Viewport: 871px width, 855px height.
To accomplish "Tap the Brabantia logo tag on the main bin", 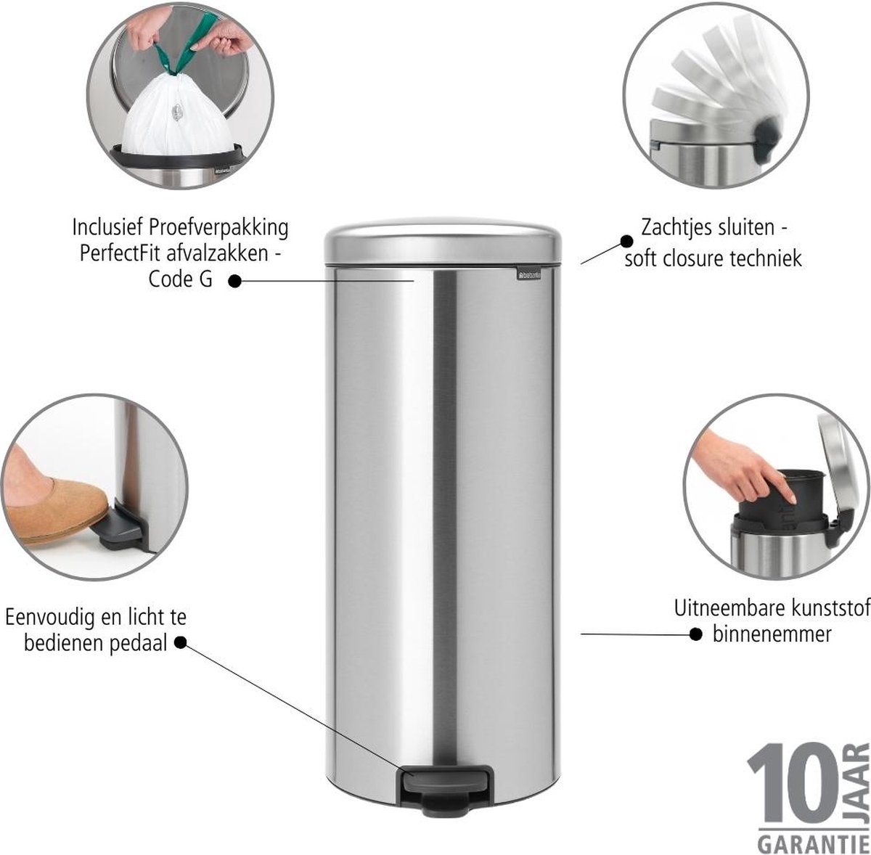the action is (x=530, y=274).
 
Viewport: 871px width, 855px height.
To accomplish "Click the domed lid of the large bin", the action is (x=443, y=242).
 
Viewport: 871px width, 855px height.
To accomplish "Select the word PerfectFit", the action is (x=122, y=253).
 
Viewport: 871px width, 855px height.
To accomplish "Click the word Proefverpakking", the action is (x=218, y=228).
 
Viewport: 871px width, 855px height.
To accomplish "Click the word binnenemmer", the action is (x=772, y=634).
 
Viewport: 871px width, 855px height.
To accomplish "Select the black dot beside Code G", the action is (x=234, y=281).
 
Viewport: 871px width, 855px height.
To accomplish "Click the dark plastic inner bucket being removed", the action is (x=782, y=505).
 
